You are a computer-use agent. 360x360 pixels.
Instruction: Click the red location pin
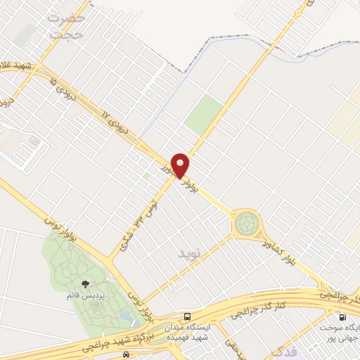[181, 165]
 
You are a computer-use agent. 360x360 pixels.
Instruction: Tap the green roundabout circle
[247, 225]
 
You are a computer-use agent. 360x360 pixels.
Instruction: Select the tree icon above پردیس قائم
[85, 285]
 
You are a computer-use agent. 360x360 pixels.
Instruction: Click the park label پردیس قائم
[85, 296]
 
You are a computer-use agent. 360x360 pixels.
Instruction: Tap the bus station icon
[186, 316]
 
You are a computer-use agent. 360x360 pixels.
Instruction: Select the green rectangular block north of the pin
[205, 116]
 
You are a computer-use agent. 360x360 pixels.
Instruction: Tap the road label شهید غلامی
[19, 63]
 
